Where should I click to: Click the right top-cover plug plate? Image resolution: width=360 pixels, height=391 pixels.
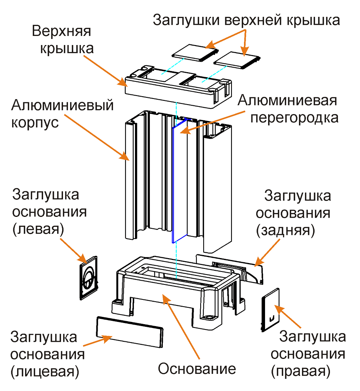pyautogui.click(x=236, y=60)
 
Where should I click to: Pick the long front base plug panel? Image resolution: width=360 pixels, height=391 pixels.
pyautogui.click(x=129, y=331)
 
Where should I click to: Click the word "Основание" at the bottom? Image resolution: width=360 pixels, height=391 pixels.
pyautogui.click(x=197, y=369)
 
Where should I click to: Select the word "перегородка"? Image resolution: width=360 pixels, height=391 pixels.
pyautogui.click(x=294, y=118)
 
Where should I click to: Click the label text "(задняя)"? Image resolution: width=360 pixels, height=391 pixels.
pyautogui.click(x=286, y=230)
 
